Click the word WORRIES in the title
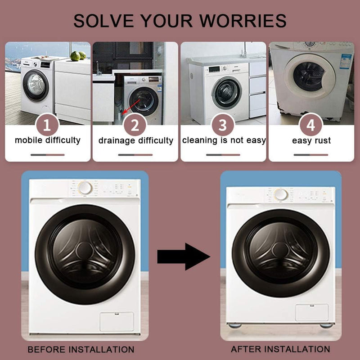[x=243, y=21]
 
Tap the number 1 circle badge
[x=48, y=125]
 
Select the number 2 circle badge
[x=135, y=125]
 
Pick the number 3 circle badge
[x=223, y=125]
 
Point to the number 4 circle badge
[x=311, y=125]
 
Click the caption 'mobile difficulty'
[x=48, y=140]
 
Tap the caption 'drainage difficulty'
[x=136, y=140]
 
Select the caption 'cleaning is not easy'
[x=224, y=140]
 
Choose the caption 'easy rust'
[x=311, y=140]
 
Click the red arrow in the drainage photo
[x=131, y=107]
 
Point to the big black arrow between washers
[x=184, y=256]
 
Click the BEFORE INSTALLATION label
[x=81, y=350]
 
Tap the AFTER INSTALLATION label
[x=280, y=349]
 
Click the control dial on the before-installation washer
[x=85, y=188]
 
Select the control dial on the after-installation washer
[x=281, y=194]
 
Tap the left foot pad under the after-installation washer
[x=235, y=325]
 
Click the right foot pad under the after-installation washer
[x=326, y=326]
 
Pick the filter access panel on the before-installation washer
[x=117, y=321]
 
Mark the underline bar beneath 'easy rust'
[x=311, y=155]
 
